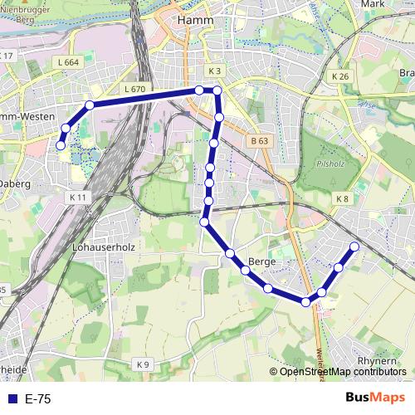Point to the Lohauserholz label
point(104,247)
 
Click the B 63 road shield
point(258,141)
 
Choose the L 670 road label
point(133,89)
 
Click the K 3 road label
point(215,71)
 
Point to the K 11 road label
point(78,197)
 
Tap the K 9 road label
point(144,364)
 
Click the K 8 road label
point(343,198)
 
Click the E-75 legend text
point(38,399)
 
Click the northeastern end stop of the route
point(354,247)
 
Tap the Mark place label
point(374,4)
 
